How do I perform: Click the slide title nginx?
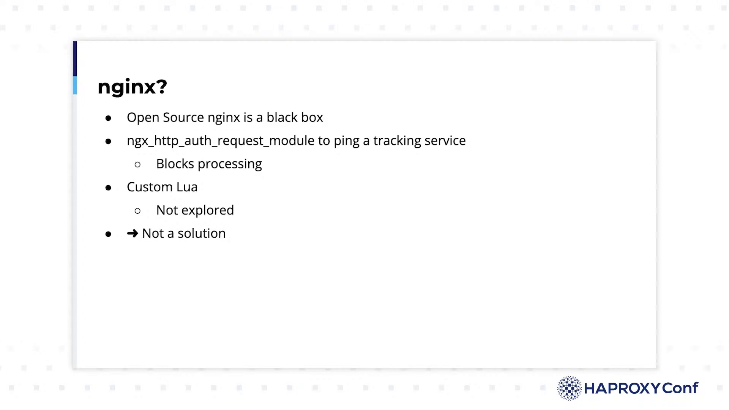point(133,87)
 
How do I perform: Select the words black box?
point(295,117)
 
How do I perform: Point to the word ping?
point(346,141)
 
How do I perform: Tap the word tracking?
point(397,141)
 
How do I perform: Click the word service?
point(445,140)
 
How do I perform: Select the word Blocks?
point(175,164)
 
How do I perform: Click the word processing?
point(230,164)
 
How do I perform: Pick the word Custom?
point(150,187)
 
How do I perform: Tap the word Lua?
point(187,187)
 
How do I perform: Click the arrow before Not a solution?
point(133,233)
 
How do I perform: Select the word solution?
point(202,233)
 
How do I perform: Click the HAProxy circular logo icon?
point(569,388)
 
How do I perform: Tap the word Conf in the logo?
point(680,388)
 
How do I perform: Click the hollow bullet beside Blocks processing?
point(137,164)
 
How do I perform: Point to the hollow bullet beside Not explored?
point(137,211)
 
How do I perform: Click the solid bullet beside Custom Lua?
point(108,188)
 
